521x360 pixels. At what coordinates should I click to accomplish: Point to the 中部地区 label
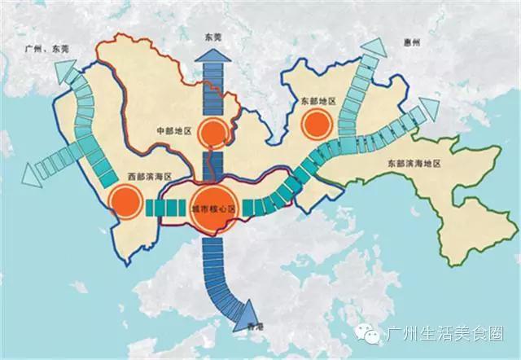coord(173,131)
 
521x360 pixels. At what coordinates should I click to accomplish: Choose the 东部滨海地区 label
coord(413,165)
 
